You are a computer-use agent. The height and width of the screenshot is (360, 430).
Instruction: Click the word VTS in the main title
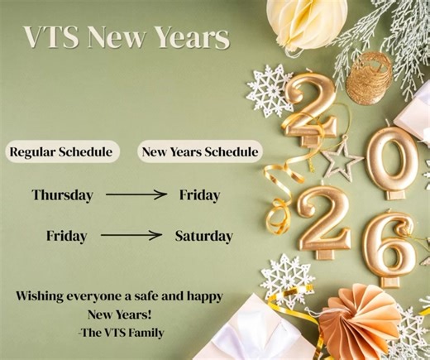50,37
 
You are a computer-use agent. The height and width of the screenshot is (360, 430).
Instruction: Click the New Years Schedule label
200,152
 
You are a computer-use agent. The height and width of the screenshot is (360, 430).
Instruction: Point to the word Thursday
63,195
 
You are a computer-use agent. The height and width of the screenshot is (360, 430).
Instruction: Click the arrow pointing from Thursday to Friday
136,195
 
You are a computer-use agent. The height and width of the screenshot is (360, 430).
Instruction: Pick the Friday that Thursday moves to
199,195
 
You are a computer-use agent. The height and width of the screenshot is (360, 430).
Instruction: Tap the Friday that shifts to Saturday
66,236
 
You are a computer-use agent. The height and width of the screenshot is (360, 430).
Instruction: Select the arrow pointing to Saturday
131,236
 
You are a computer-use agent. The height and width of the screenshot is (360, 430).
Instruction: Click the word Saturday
203,236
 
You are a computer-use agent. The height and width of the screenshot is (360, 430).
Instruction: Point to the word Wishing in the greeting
45,296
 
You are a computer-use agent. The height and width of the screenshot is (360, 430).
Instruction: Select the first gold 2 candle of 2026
311,108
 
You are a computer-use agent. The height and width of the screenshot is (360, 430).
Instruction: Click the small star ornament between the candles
341,157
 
